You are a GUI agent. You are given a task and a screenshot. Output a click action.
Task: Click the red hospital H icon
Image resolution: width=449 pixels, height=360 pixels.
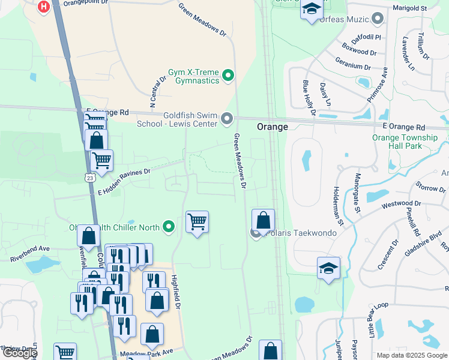click(x=44, y=7)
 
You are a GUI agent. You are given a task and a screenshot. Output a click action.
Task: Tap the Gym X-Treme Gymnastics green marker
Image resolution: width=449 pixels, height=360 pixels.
click(x=228, y=76)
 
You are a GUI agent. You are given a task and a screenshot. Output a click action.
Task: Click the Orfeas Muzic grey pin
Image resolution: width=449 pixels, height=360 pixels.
click(x=378, y=19)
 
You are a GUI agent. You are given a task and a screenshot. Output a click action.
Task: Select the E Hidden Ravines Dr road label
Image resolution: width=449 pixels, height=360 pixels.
click(x=124, y=182)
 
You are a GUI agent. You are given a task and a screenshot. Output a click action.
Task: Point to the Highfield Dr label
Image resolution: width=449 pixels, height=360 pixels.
click(x=176, y=291)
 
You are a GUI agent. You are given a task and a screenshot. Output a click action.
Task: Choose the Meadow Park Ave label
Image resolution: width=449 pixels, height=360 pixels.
click(x=146, y=353)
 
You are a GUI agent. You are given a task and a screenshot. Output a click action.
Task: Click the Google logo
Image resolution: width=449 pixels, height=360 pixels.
click(x=19, y=353)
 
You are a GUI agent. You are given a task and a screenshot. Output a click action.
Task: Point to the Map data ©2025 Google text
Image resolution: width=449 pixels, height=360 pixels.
click(x=411, y=355)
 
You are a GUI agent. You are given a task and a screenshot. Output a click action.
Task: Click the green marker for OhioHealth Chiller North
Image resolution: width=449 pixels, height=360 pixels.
click(x=169, y=227)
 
